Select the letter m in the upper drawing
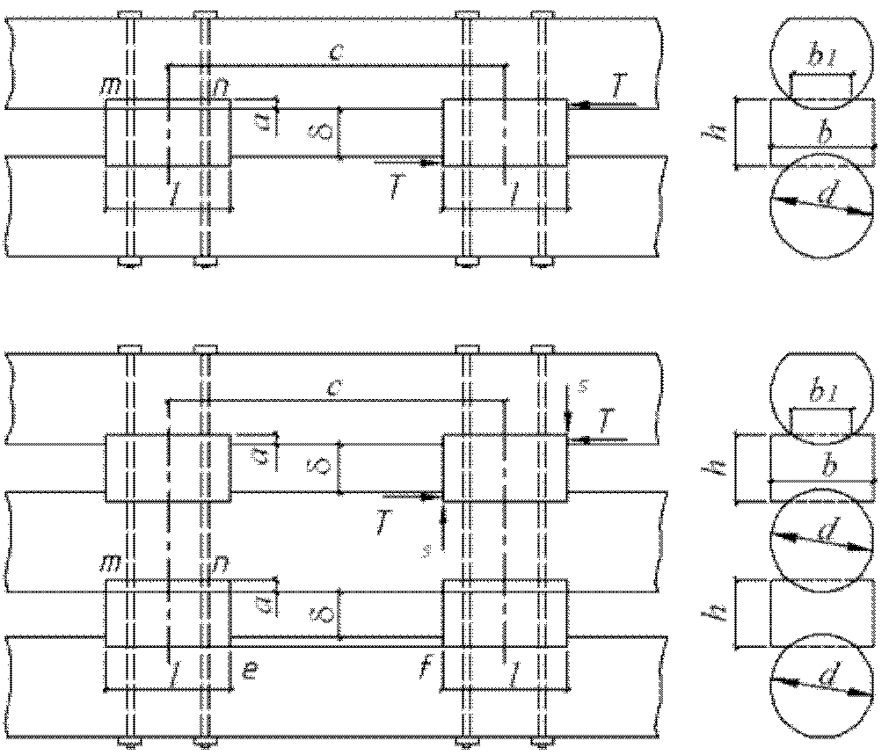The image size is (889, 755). (112, 85)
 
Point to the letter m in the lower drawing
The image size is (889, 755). (112, 563)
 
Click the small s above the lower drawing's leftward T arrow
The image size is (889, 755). (579, 384)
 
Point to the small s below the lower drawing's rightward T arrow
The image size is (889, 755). (427, 551)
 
